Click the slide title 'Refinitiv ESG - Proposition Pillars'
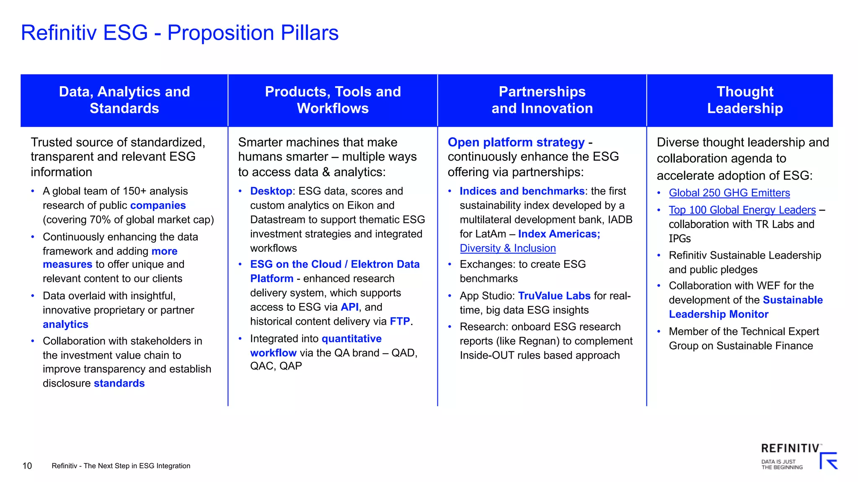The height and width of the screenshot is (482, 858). pyautogui.click(x=180, y=33)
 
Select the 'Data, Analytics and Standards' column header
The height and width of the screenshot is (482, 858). pyautogui.click(x=124, y=100)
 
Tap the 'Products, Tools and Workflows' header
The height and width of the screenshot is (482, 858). pyautogui.click(x=333, y=100)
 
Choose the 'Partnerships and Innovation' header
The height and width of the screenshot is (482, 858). pyautogui.click(x=542, y=100)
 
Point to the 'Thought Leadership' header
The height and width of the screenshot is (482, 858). pyautogui.click(x=744, y=100)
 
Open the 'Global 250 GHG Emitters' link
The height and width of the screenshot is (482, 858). pyautogui.click(x=729, y=193)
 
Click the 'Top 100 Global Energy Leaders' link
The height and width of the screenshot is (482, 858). pyautogui.click(x=742, y=210)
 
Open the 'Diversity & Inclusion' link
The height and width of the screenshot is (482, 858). pyautogui.click(x=508, y=248)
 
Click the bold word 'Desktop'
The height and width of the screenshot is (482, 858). pyautogui.click(x=271, y=191)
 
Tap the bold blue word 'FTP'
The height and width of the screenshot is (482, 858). pyautogui.click(x=400, y=321)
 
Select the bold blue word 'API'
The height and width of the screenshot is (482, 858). pyautogui.click(x=349, y=307)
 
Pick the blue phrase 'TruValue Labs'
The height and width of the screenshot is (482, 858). pyautogui.click(x=554, y=296)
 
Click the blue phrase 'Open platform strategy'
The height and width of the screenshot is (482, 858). pyautogui.click(x=516, y=142)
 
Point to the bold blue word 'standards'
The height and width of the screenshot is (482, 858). pyautogui.click(x=119, y=383)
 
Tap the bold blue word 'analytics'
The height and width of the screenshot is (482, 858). pyautogui.click(x=65, y=324)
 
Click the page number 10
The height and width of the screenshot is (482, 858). pyautogui.click(x=27, y=466)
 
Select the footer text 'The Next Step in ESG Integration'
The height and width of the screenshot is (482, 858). pyautogui.click(x=137, y=466)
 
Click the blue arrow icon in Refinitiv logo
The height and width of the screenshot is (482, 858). pyautogui.click(x=828, y=461)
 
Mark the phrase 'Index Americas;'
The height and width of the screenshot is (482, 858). pyautogui.click(x=559, y=234)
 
